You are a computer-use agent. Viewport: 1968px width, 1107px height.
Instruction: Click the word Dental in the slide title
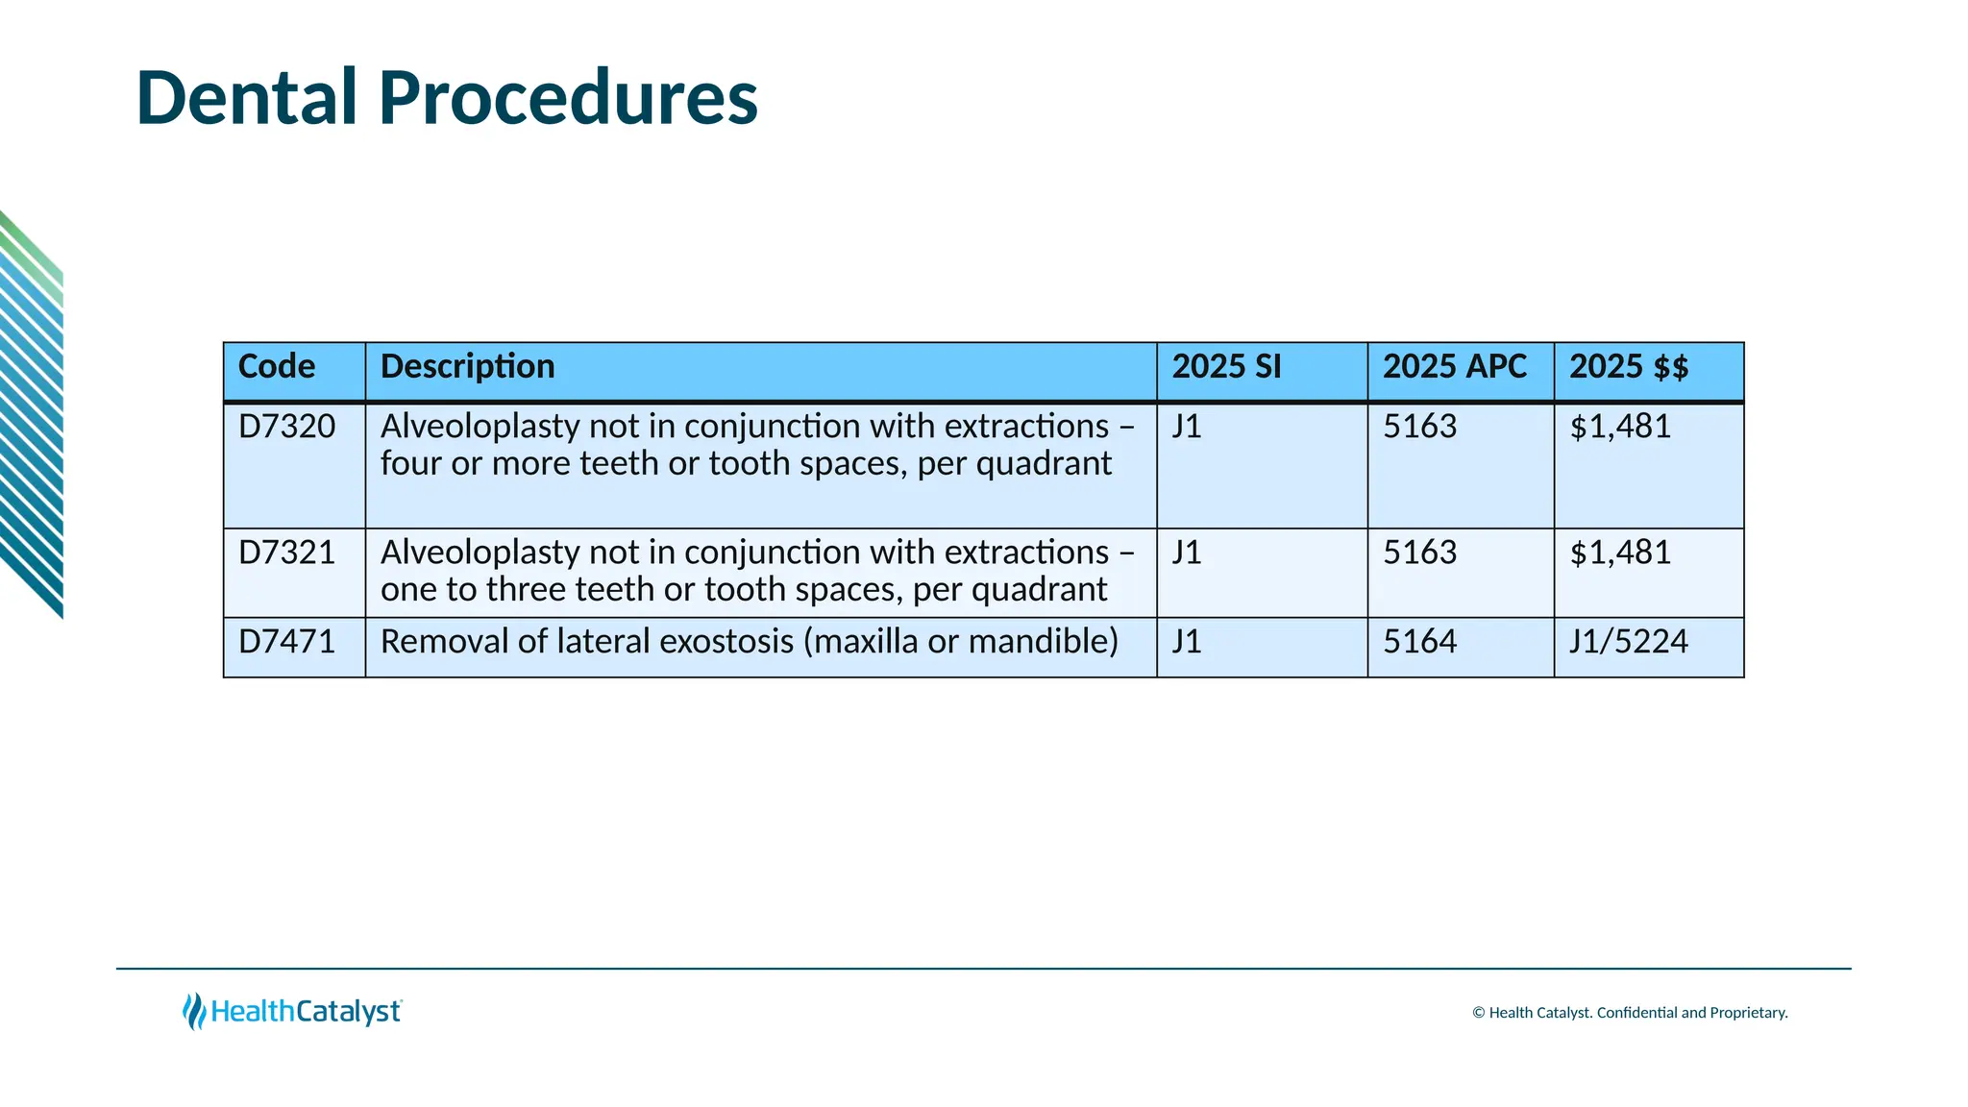(x=247, y=98)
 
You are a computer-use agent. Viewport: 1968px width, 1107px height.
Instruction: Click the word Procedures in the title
(x=568, y=98)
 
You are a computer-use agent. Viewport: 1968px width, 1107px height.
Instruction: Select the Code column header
(x=277, y=367)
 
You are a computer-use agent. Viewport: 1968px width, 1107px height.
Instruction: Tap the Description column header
(x=467, y=367)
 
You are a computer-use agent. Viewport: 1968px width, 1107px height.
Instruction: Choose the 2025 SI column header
(x=1226, y=367)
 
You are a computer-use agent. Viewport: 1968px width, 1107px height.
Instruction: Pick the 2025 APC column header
(x=1454, y=367)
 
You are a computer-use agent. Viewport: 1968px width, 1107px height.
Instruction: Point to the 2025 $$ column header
(x=1628, y=367)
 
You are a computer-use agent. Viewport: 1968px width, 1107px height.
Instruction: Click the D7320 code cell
(x=286, y=427)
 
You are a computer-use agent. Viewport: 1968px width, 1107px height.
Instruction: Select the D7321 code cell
(x=286, y=553)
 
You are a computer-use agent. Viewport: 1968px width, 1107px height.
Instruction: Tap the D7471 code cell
(x=286, y=642)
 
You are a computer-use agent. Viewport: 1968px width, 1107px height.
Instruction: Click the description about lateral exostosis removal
(x=749, y=642)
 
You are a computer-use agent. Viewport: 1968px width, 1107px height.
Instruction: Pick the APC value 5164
(x=1419, y=642)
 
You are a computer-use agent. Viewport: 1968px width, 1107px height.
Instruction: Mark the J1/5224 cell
(x=1628, y=642)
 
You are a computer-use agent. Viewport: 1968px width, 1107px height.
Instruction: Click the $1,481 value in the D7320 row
(x=1620, y=427)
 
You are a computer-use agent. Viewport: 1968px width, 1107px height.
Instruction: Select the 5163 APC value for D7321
(x=1419, y=553)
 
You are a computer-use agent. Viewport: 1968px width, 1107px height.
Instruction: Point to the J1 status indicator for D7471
(x=1187, y=642)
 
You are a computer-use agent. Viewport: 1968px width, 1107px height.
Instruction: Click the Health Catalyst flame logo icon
(x=194, y=1012)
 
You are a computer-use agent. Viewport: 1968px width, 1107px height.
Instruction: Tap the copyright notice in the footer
(x=1630, y=1013)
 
